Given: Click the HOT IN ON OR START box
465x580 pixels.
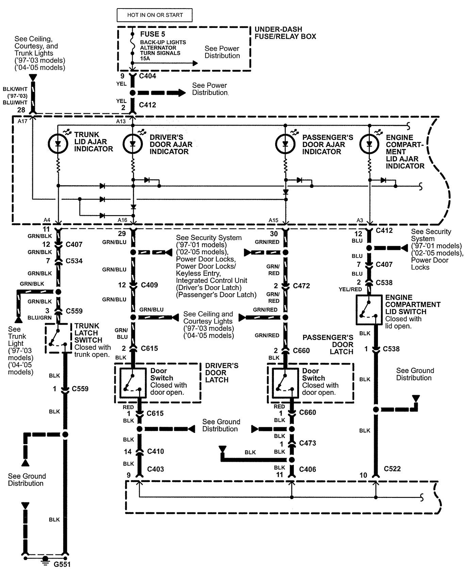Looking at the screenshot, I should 155,15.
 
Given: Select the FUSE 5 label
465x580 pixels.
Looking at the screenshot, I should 150,34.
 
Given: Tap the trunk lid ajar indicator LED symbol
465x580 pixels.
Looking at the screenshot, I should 58,143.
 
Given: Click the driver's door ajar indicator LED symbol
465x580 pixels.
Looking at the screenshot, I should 133,144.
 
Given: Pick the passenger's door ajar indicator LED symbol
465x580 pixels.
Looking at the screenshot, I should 285,144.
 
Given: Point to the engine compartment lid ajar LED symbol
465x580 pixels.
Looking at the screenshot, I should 369,144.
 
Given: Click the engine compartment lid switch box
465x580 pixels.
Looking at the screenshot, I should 368,310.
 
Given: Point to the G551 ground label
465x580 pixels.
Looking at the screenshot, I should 62,564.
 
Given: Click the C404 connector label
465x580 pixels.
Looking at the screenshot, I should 147,76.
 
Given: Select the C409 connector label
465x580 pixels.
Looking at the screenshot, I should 149,285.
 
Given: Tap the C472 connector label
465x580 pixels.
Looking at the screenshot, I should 301,286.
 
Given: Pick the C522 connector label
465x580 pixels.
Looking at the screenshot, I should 392,469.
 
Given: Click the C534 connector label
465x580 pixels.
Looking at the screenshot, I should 74,261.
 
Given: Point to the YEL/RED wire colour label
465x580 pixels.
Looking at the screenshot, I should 350,289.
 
